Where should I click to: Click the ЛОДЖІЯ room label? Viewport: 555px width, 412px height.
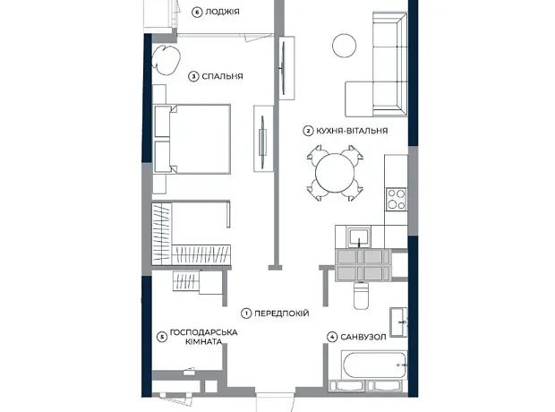(x=222, y=12)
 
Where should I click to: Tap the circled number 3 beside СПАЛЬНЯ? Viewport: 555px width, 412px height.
(x=193, y=76)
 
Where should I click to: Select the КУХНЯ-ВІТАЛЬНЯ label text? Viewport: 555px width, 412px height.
(x=352, y=131)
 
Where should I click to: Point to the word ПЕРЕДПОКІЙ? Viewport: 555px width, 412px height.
(x=282, y=313)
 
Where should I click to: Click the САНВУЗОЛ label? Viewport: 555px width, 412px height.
(x=363, y=337)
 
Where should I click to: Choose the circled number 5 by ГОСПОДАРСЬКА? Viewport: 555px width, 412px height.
(x=162, y=337)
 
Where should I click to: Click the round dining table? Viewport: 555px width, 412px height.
(x=335, y=173)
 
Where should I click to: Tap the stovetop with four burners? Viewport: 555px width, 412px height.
(x=396, y=199)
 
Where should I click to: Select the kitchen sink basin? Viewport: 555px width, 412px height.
(x=359, y=237)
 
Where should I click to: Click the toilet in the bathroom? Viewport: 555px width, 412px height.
(x=361, y=295)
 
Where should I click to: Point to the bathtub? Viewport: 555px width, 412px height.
(x=374, y=365)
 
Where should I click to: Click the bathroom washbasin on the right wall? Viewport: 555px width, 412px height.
(x=398, y=322)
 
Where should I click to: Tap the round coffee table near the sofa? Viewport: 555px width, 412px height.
(x=344, y=46)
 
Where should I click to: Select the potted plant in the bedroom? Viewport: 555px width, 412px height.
(x=166, y=59)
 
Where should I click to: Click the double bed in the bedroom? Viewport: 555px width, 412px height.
(x=192, y=139)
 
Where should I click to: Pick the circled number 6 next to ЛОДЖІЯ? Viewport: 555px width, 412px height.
(x=197, y=13)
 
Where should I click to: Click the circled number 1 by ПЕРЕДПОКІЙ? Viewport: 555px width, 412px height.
(x=246, y=313)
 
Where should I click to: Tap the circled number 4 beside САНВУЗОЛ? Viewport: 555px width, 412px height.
(x=332, y=338)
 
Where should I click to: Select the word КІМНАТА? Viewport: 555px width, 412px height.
(x=204, y=342)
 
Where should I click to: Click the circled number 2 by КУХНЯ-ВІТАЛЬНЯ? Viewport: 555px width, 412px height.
(x=308, y=131)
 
